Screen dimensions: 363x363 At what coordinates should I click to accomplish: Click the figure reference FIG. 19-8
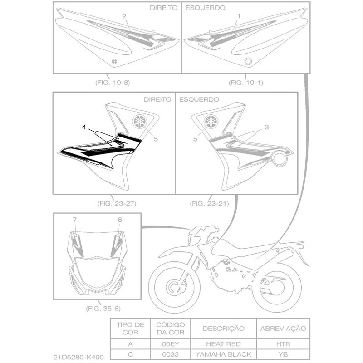[x=113, y=83]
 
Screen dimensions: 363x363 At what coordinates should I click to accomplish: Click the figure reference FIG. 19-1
[x=246, y=83]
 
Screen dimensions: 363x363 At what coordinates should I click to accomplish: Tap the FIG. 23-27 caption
[x=117, y=203]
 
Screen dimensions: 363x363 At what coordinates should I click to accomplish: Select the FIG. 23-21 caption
[x=210, y=203]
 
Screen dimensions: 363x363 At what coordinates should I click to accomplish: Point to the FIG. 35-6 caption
[x=103, y=309]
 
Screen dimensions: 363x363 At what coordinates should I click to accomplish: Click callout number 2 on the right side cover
[x=124, y=16]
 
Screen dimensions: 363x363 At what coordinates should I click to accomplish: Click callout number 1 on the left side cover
[x=239, y=16]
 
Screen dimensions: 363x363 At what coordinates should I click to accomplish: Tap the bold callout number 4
[x=84, y=127]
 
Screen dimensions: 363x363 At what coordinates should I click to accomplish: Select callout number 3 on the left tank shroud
[x=267, y=127]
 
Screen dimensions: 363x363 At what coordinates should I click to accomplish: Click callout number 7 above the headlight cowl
[x=74, y=220]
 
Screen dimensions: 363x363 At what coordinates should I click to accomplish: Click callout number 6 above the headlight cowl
[x=120, y=220]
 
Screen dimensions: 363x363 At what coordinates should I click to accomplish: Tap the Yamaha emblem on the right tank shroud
[x=140, y=122]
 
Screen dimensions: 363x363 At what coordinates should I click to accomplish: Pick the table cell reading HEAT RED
[x=223, y=344]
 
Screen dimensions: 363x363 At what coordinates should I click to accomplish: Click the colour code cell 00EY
[x=171, y=344]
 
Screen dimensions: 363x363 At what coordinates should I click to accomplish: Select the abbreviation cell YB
[x=283, y=354]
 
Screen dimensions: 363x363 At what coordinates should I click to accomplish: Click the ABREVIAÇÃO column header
[x=283, y=329]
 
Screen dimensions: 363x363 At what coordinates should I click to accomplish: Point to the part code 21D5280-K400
[x=78, y=357]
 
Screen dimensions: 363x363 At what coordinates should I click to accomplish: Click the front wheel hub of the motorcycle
[x=174, y=287]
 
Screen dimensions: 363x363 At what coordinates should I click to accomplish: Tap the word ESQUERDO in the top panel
[x=206, y=8]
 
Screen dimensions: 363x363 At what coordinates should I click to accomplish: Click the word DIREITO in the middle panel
[x=157, y=99]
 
